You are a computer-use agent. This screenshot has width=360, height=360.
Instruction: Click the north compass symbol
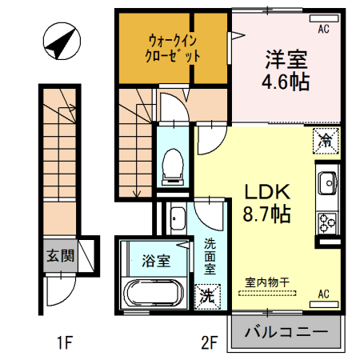pos(61,42)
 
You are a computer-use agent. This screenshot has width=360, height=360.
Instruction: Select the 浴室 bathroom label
pos(155,261)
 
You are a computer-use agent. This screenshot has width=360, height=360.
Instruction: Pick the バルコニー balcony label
pos(286,331)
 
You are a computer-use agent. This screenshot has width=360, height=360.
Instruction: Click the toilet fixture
pos(172,164)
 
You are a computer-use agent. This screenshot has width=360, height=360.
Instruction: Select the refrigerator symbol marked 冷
pos(326,141)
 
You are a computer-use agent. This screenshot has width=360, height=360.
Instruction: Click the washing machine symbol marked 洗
pos(206,294)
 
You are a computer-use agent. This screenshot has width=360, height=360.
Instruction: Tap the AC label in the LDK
pos(325,294)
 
